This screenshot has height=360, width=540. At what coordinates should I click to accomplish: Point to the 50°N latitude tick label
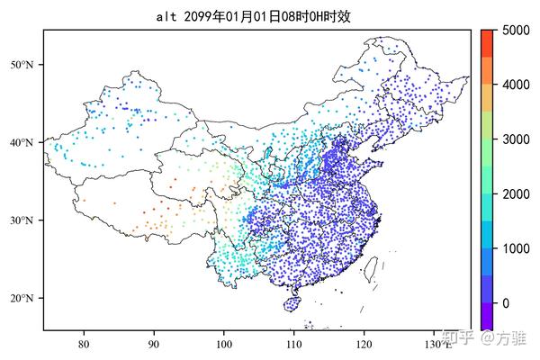[x=22, y=65]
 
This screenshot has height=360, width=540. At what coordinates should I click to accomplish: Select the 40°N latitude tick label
[x=22, y=142]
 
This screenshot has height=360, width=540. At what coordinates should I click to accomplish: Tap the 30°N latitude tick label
[x=22, y=220]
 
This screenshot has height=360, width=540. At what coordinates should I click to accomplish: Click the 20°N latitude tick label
[x=22, y=299]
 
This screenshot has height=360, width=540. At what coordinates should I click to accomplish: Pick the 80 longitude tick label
[x=84, y=344]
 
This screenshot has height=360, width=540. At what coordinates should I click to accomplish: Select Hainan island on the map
[x=291, y=305]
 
